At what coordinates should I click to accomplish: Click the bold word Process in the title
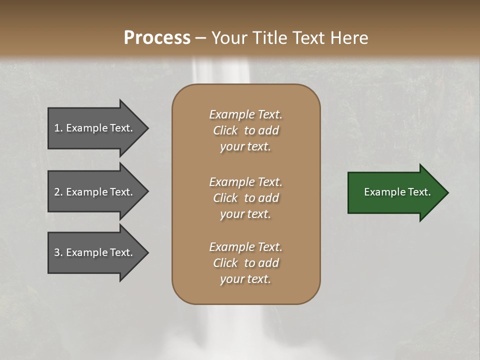157,38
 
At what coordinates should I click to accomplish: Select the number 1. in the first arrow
58,128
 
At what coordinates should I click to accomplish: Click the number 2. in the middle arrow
58,192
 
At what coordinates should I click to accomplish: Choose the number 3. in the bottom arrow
58,252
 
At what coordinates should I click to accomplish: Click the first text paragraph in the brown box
245,130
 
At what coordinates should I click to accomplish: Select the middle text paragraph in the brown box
245,198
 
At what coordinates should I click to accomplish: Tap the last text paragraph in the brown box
245,263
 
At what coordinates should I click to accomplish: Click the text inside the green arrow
397,192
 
